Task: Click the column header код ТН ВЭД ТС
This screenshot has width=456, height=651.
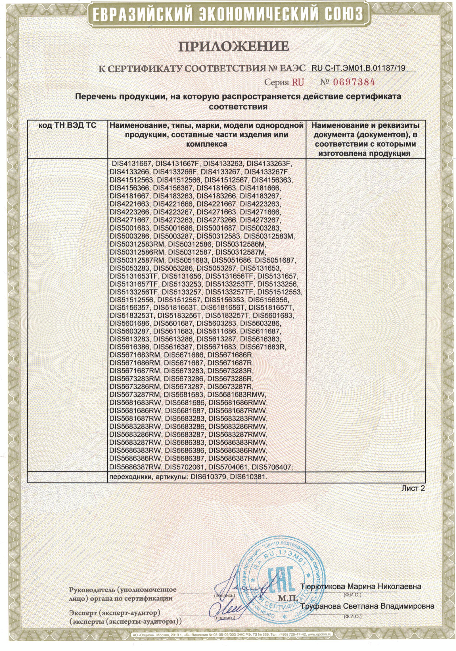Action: point(67,125)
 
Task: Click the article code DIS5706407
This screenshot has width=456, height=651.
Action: point(272,467)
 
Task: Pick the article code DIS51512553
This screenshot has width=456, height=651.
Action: point(280,292)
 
